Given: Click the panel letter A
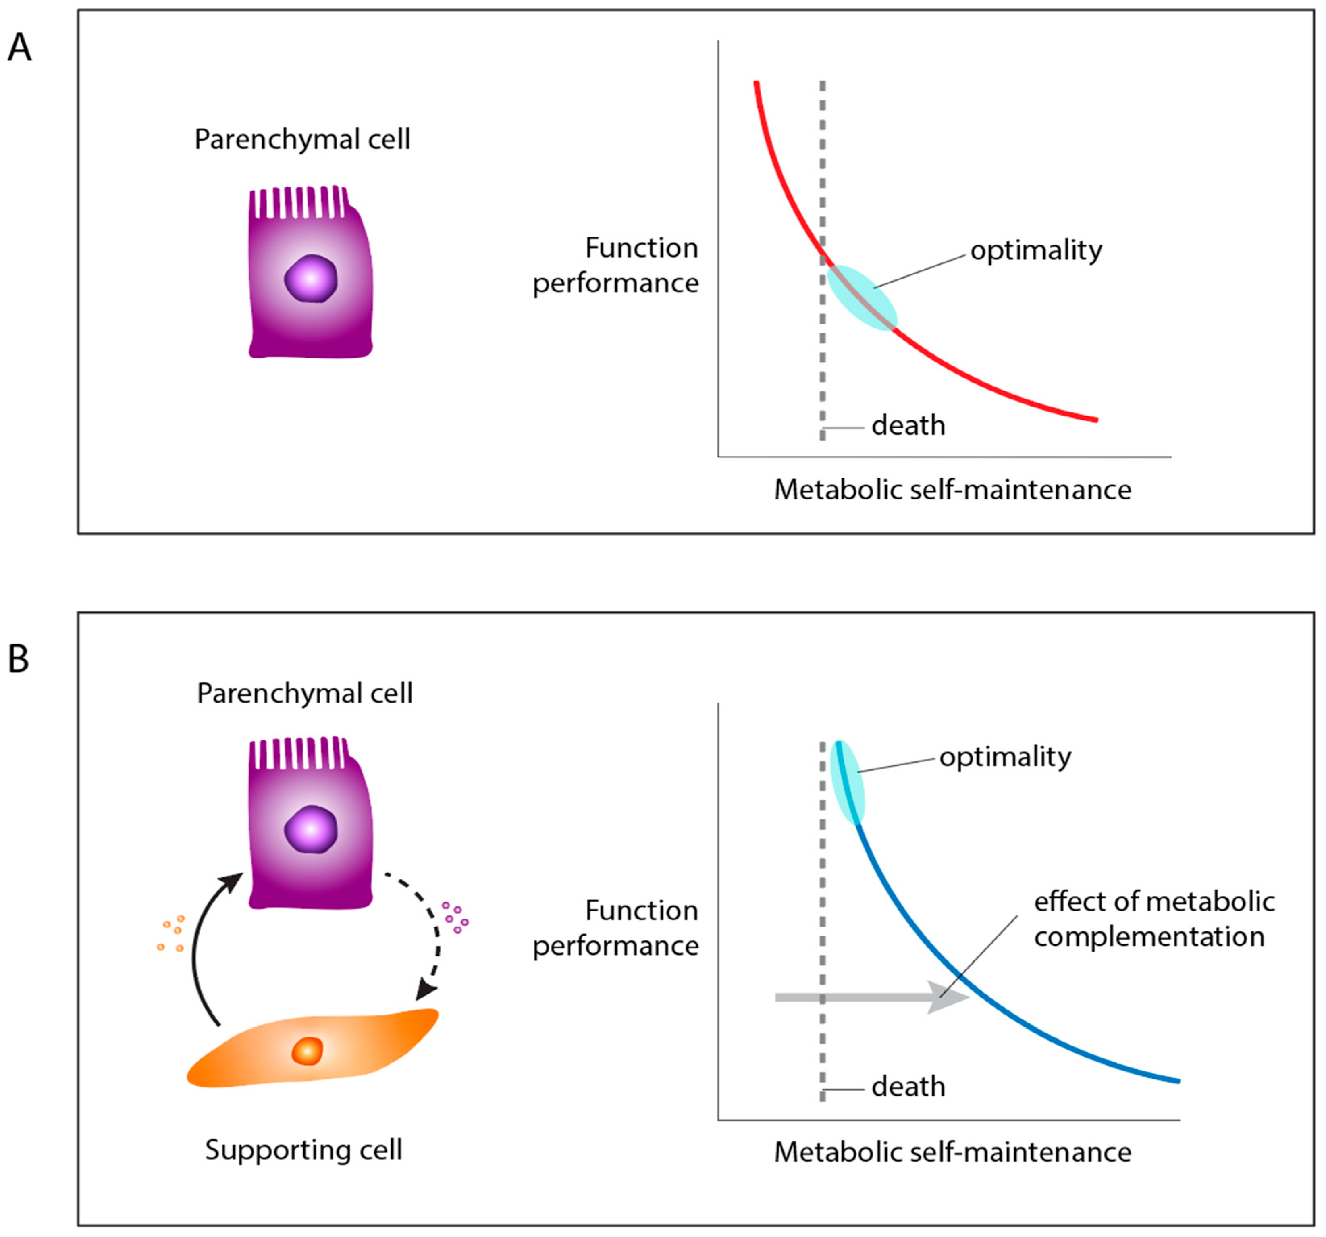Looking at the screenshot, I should click(x=19, y=49).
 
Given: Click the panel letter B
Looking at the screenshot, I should click(x=19, y=659).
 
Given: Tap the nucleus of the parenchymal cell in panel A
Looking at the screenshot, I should click(x=311, y=278).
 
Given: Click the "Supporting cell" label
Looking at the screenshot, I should click(x=303, y=1150).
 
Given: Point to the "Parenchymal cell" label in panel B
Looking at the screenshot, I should click(x=305, y=693).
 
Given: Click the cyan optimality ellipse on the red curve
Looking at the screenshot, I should click(x=863, y=297).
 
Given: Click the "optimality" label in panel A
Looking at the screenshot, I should click(x=1036, y=251).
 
